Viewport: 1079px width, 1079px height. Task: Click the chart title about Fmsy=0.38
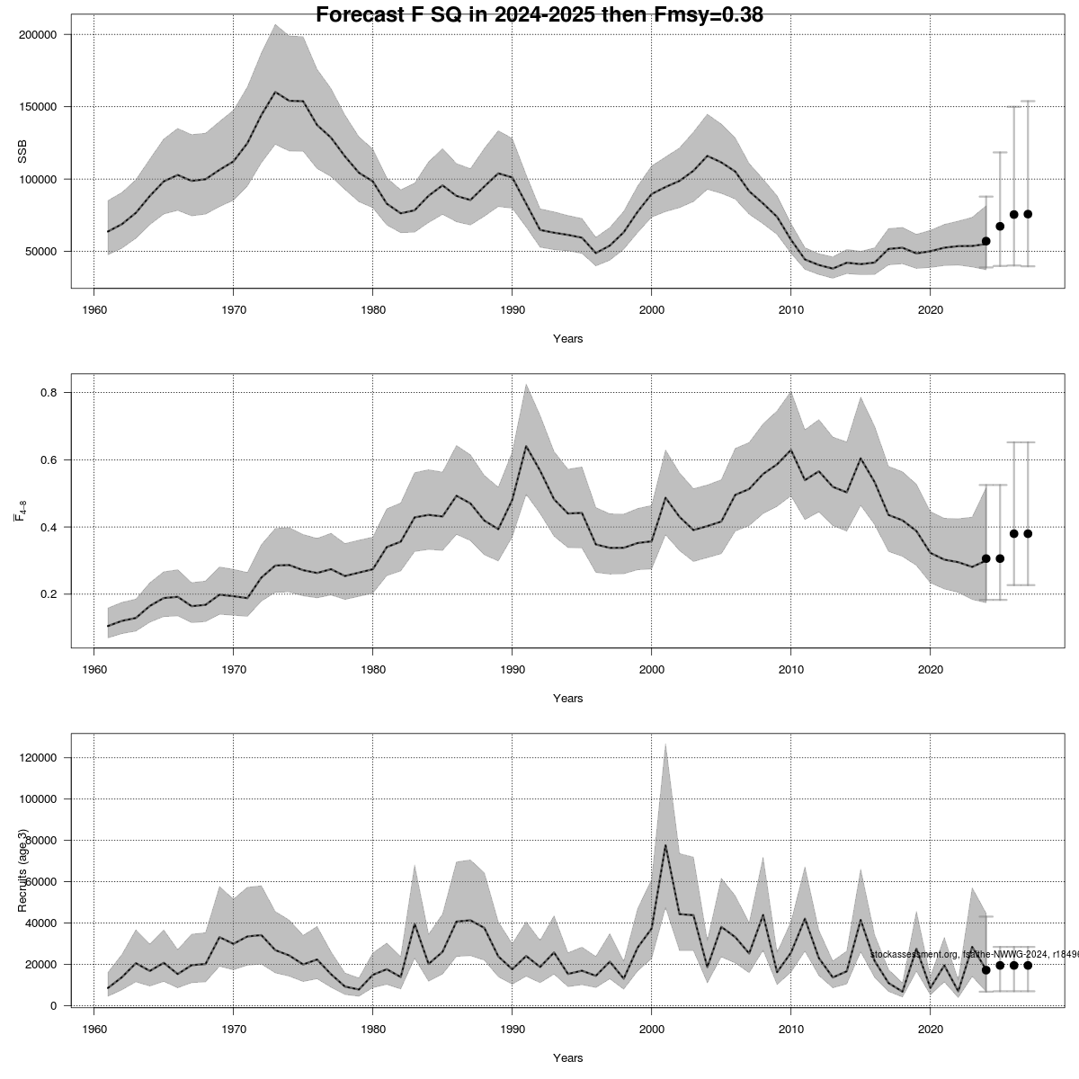tap(539, 13)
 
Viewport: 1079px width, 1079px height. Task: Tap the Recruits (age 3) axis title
tap(22, 870)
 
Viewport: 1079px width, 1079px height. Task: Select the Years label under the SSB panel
tap(567, 339)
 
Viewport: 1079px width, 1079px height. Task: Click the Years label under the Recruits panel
tap(567, 1058)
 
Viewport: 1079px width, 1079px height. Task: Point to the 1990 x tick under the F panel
tap(512, 670)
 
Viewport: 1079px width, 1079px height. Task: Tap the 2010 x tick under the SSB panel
tap(790, 310)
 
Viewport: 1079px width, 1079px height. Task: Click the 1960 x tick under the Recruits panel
tap(94, 1030)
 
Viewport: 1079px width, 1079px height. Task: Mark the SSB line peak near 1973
tap(275, 92)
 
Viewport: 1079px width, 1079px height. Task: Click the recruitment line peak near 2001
tap(665, 845)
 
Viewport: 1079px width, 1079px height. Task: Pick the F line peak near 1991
tap(526, 446)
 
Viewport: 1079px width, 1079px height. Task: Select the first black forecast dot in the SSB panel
tap(985, 241)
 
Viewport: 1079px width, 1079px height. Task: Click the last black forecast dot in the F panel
tap(1028, 533)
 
